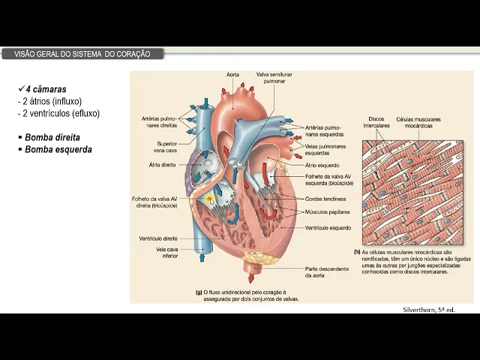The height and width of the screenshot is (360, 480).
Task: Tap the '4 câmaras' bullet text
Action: click(46, 89)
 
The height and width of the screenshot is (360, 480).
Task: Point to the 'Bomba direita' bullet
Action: click(52, 137)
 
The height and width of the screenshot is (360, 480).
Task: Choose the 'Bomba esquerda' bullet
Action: click(58, 149)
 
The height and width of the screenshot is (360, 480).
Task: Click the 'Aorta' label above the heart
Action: click(232, 75)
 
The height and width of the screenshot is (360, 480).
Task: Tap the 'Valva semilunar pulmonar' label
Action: click(274, 79)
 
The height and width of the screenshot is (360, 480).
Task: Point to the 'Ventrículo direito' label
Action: click(158, 238)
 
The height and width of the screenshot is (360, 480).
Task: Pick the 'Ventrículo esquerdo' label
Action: click(328, 227)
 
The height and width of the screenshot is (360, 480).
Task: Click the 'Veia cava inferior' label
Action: click(166, 253)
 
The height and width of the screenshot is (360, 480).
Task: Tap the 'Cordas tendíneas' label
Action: click(324, 199)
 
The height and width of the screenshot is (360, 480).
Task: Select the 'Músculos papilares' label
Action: click(326, 212)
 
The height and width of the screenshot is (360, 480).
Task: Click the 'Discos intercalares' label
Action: click(376, 122)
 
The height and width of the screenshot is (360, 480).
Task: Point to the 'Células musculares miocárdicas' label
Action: click(418, 122)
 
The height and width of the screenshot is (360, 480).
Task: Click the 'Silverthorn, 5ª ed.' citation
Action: click(429, 309)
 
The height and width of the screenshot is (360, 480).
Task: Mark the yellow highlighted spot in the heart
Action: click(211, 199)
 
